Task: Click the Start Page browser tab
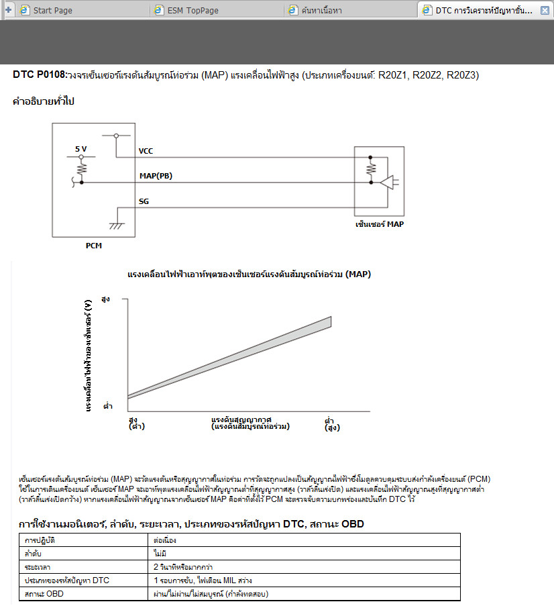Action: click(x=52, y=11)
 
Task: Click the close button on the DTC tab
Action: click(x=545, y=11)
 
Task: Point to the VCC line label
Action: click(x=146, y=151)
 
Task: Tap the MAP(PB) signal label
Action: click(x=156, y=176)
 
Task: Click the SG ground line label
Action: click(x=144, y=201)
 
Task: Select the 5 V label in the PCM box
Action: click(x=80, y=148)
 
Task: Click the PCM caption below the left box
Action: click(x=94, y=246)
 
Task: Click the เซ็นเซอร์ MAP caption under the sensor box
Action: click(x=380, y=224)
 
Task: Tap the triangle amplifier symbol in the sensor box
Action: click(x=388, y=182)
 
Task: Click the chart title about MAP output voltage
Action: click(x=249, y=274)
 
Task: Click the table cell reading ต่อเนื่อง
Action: click(x=166, y=540)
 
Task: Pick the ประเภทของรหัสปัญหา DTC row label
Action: click(x=66, y=580)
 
